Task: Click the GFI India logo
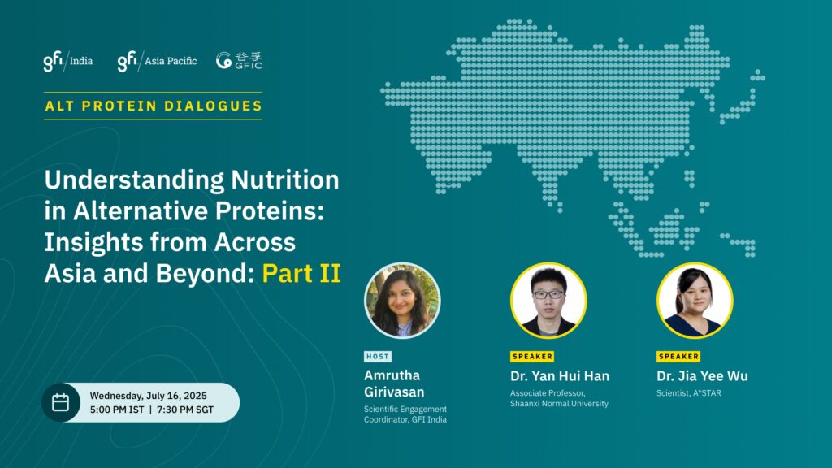(68, 61)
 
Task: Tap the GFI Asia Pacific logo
(157, 61)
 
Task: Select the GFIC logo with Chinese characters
(240, 60)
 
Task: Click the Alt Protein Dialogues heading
(154, 106)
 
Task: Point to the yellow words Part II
(301, 273)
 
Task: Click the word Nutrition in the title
(285, 180)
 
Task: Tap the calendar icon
(60, 402)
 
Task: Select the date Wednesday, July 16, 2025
(149, 396)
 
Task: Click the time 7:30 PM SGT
(185, 409)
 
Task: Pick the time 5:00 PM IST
(117, 409)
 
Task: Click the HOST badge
(378, 357)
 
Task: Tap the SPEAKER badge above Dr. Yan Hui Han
(532, 357)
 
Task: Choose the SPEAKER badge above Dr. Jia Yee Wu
(678, 357)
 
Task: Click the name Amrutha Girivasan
(394, 383)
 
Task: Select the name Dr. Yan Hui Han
(560, 376)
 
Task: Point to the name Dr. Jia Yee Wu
(702, 376)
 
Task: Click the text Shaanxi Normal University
(559, 403)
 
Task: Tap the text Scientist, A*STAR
(689, 393)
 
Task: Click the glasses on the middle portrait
(548, 294)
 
